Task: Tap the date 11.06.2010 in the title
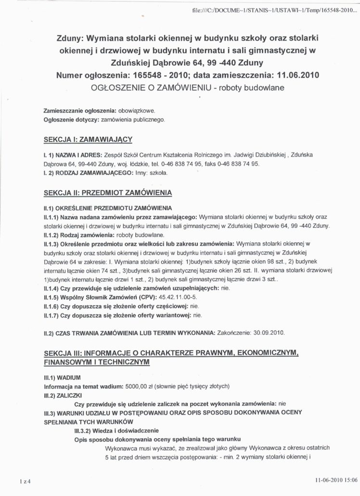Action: (x=298, y=76)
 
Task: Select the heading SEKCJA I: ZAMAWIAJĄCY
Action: (x=87, y=140)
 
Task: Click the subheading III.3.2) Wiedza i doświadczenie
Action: (x=116, y=430)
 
